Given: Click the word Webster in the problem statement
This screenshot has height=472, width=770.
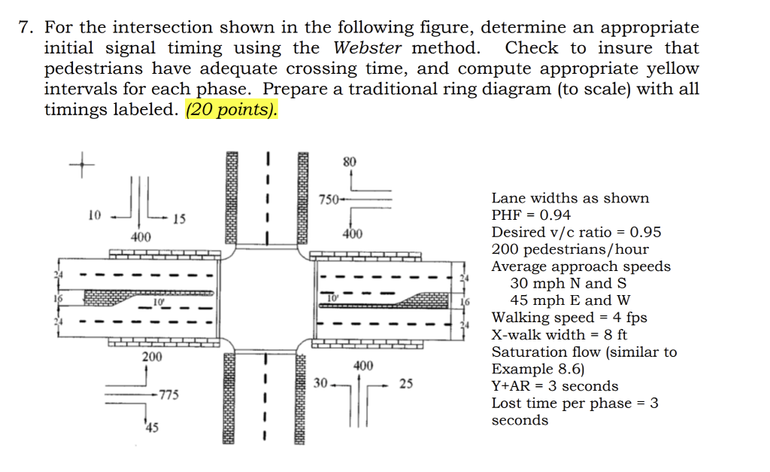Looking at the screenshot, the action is click(x=367, y=48).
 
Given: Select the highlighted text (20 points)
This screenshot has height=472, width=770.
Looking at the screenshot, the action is click(x=232, y=110).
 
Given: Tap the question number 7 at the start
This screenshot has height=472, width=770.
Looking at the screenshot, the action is click(x=25, y=28).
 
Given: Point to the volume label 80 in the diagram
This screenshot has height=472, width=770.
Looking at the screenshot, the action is click(x=350, y=161).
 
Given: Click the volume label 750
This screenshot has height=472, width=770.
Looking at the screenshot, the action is click(x=328, y=199).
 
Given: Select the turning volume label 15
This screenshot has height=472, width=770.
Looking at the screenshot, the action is click(x=179, y=220).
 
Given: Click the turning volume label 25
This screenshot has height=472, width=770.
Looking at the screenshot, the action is click(x=406, y=384).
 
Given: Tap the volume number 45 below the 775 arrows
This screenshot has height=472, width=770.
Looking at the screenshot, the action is click(x=152, y=428).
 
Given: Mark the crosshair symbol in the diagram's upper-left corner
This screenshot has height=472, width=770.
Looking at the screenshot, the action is click(x=82, y=163).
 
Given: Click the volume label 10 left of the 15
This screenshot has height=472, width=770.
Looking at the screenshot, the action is click(x=94, y=215).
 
